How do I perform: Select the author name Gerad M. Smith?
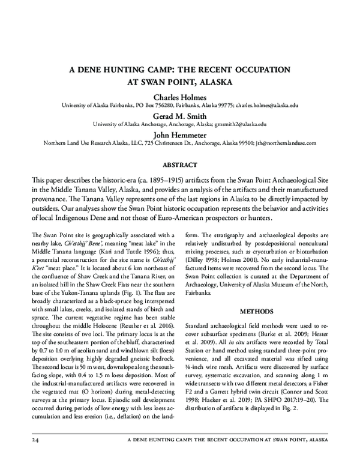[x=179, y=115]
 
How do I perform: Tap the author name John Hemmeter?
[x=179, y=135]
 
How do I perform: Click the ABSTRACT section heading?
[x=179, y=163]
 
